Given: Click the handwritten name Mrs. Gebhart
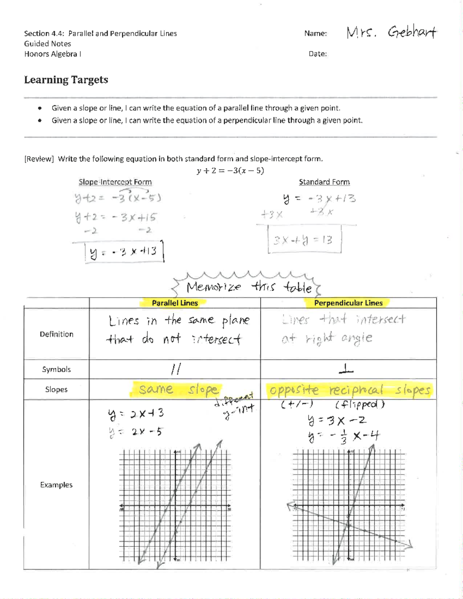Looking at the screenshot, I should click(391, 32).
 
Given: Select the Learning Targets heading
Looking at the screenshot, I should click(66, 80).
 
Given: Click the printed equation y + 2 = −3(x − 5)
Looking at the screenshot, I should click(230, 170).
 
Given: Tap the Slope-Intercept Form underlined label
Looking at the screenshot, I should click(115, 182).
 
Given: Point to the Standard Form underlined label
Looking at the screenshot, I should click(324, 182).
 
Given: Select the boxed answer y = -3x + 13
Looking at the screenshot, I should click(124, 252).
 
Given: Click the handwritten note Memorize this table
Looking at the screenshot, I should click(249, 287).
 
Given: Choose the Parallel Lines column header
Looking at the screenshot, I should click(175, 303).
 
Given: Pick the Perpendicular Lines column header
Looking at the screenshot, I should click(348, 303).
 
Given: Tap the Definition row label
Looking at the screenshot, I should click(56, 334).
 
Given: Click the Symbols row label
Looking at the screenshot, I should click(56, 370).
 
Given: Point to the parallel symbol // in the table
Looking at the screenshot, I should click(176, 370).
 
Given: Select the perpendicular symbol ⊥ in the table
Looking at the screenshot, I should click(346, 370).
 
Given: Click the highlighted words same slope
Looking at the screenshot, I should click(178, 390).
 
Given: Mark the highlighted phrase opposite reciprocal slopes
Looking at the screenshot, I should click(350, 390).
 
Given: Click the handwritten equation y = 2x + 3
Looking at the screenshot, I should click(136, 414).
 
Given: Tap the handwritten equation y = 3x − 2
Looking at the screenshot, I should click(336, 420).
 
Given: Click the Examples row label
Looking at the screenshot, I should click(56, 485).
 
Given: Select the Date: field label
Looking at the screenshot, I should click(318, 54).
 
